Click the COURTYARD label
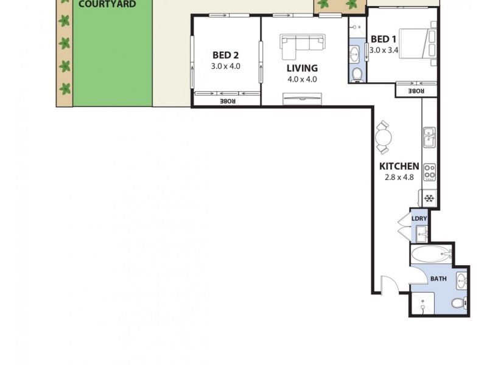[x=107, y=4]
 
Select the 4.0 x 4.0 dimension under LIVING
[x=302, y=79]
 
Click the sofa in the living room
[x=303, y=43]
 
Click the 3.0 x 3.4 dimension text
[x=384, y=50]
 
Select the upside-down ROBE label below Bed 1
[x=416, y=91]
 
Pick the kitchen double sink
[x=429, y=137]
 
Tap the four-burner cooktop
[x=430, y=172]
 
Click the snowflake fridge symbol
[x=429, y=198]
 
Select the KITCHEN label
[x=399, y=166]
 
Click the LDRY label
[x=418, y=219]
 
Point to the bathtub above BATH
[x=428, y=255]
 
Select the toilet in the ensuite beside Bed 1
[x=358, y=75]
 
